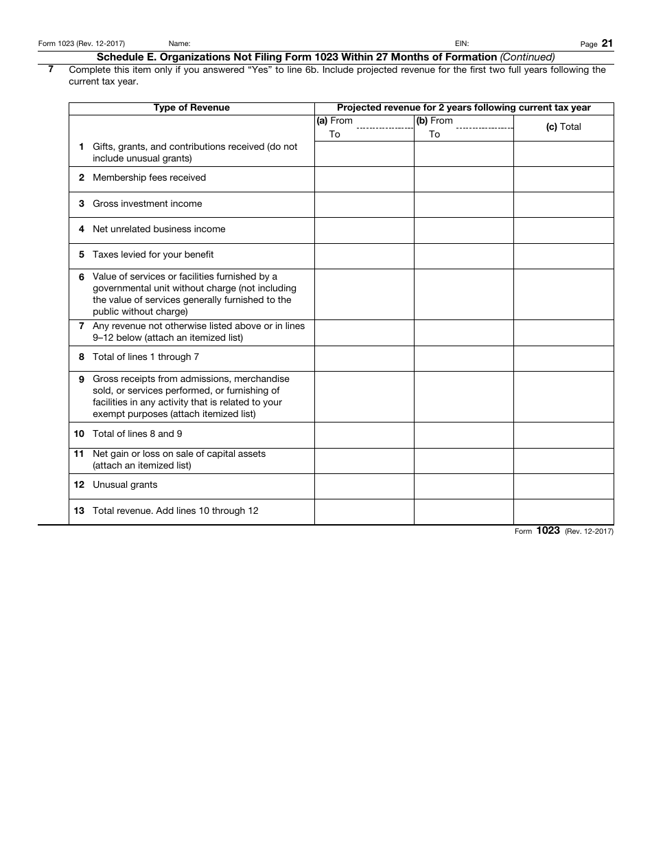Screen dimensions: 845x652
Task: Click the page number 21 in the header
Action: click(x=607, y=43)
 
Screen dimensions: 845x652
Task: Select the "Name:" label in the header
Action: click(x=180, y=44)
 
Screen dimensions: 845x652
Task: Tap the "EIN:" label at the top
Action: click(x=462, y=44)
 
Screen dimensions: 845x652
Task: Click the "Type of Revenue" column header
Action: click(x=191, y=108)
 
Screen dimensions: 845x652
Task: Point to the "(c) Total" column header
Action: click(x=563, y=127)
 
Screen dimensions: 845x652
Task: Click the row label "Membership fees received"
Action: click(x=149, y=178)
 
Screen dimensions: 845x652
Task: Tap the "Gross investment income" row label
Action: click(x=147, y=203)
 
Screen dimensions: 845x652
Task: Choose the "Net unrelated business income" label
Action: click(x=159, y=229)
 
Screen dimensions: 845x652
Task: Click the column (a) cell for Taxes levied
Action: click(x=364, y=256)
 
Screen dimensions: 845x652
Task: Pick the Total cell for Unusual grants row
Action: click(x=563, y=486)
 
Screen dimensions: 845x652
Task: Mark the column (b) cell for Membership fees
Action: click(x=463, y=179)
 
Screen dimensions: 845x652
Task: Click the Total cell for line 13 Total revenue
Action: click(x=563, y=512)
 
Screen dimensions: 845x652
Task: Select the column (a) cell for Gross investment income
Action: click(x=364, y=205)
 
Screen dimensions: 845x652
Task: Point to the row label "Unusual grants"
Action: click(x=125, y=485)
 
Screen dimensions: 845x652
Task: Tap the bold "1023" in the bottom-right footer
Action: click(x=548, y=530)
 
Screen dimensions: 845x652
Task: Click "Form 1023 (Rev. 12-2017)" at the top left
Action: click(x=82, y=44)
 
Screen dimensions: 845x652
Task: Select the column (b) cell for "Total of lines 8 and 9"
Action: click(x=463, y=435)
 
